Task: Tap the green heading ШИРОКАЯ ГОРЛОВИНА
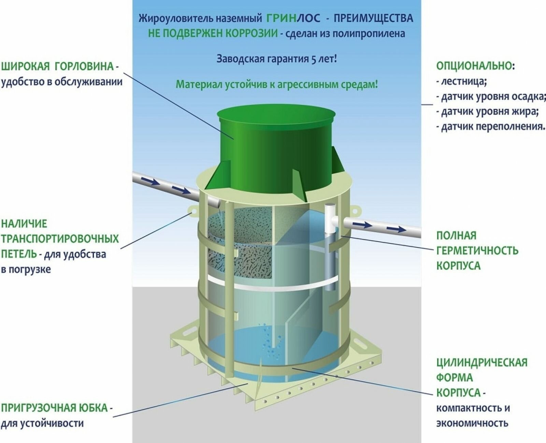58,66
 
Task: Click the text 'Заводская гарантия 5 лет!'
276,59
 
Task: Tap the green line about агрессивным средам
276,84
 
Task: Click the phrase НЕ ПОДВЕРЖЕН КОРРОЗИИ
213,33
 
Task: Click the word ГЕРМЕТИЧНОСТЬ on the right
477,251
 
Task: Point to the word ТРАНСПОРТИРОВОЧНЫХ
60,239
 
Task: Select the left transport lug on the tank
193,211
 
